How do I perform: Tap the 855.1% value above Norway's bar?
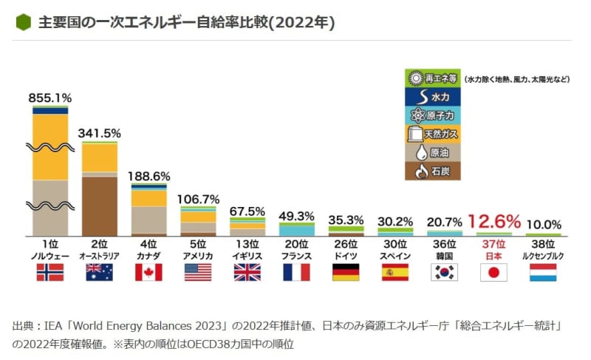click(49, 98)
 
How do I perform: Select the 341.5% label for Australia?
click(99, 133)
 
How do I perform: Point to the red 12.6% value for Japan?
click(493, 220)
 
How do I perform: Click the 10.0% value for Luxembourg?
click(544, 224)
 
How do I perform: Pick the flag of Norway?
click(49, 272)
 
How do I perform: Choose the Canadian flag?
click(148, 272)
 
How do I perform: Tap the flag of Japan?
click(493, 272)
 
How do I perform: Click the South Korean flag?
click(445, 272)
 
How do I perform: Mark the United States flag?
click(198, 272)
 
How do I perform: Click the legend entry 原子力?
click(433, 115)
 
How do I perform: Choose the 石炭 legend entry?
click(433, 171)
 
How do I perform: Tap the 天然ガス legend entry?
click(433, 134)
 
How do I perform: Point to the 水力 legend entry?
click(433, 96)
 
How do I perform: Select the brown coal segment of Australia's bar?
click(99, 206)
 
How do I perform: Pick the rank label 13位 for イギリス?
click(247, 243)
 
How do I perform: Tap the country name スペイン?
click(395, 255)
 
